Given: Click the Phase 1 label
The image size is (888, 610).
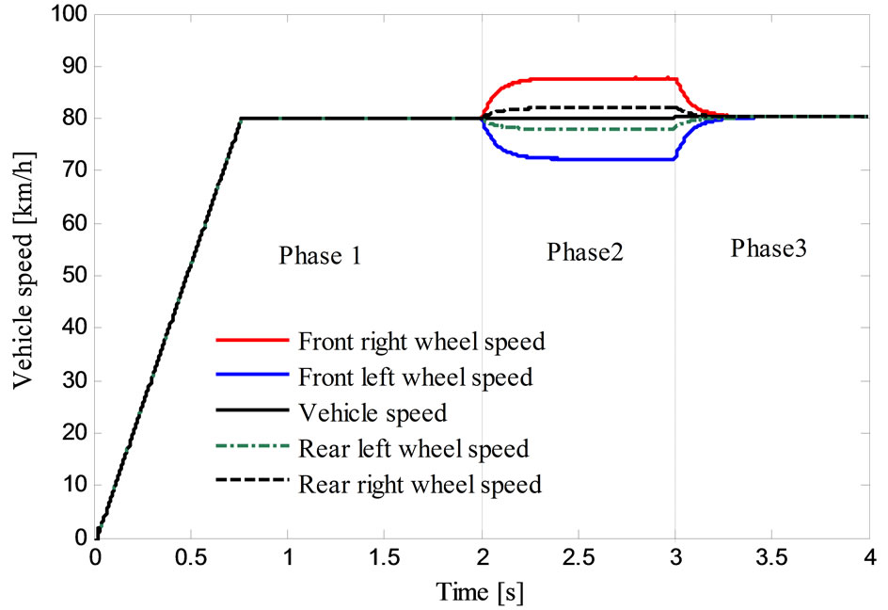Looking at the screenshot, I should coord(320,256).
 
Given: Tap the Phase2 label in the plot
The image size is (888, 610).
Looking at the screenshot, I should coord(584,252).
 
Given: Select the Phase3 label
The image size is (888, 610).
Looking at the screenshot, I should coord(769,249).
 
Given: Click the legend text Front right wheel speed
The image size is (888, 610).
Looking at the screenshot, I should coord(421,341).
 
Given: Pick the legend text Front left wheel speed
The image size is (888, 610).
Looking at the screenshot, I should coord(415,377).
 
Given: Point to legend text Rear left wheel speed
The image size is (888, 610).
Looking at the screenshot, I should coord(413,449).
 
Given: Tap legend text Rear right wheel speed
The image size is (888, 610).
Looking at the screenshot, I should coord(420,485).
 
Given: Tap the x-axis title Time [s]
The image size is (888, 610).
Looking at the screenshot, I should coord(480,593).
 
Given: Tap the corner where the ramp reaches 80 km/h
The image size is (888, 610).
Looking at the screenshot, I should coord(242,119).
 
